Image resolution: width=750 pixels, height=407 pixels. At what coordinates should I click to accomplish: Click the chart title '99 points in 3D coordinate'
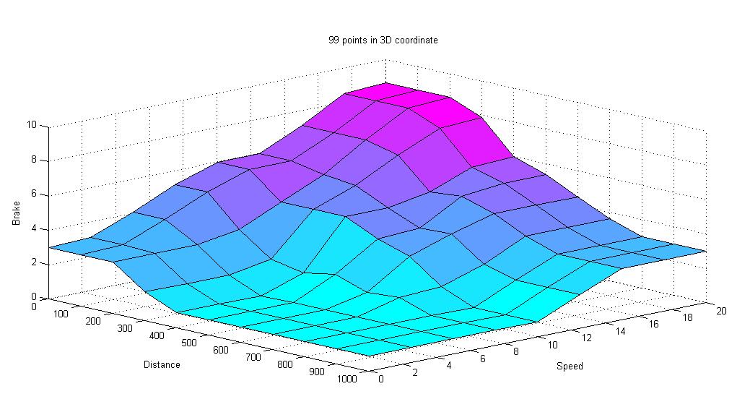383,40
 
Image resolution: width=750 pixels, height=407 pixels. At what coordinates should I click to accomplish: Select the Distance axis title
162,365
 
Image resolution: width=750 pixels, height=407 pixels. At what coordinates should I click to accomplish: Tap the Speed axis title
570,367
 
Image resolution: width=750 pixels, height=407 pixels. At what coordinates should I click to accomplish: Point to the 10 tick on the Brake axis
32,125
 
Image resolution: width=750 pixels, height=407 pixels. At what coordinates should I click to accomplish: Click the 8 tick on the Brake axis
34,160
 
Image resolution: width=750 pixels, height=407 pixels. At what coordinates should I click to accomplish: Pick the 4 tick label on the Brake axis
34,229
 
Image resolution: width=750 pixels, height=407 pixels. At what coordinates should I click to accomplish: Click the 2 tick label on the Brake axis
34,262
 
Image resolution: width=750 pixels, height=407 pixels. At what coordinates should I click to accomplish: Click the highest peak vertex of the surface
385,82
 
